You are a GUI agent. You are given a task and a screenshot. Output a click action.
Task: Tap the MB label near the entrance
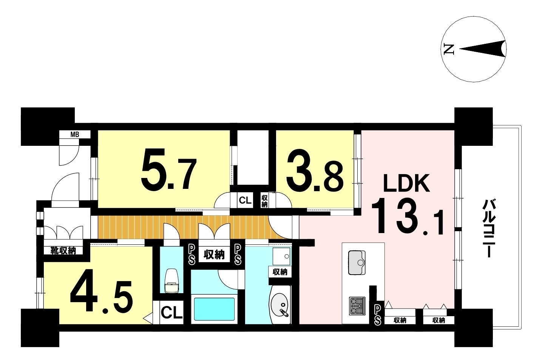[x=75, y=134]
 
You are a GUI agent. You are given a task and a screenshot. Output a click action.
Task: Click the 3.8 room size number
[x=315, y=174]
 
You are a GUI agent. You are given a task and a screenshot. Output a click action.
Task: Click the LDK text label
[x=406, y=183]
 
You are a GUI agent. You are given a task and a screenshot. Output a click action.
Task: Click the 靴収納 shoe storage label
[x=63, y=250]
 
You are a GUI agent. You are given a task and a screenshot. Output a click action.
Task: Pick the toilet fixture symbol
[x=172, y=281]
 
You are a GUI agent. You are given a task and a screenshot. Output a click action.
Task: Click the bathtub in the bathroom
[x=214, y=309]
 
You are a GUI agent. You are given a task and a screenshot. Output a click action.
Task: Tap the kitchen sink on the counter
[x=357, y=263]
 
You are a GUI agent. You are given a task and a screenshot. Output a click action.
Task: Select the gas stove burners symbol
[x=357, y=306]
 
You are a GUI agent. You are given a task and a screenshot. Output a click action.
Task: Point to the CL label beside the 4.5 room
[x=172, y=313]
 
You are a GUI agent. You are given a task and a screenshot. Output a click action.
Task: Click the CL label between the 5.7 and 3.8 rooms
[x=245, y=200]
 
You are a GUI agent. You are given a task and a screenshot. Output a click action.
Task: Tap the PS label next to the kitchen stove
[x=377, y=315]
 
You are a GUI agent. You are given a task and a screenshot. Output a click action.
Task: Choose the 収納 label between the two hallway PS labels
[x=214, y=255]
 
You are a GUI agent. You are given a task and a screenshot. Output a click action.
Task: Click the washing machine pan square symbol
[x=281, y=256]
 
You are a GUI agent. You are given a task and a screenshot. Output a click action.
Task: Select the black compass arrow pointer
[x=483, y=49]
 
